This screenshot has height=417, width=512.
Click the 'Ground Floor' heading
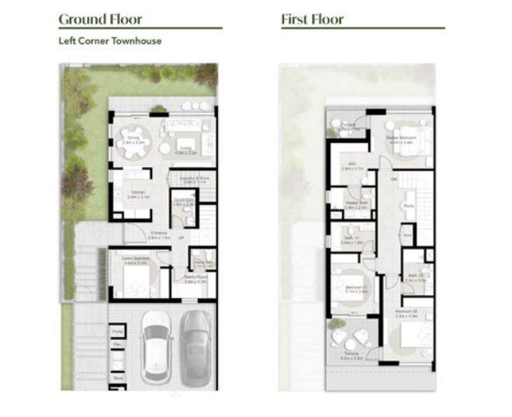click(x=101, y=19)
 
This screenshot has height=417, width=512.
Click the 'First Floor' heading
click(x=313, y=19)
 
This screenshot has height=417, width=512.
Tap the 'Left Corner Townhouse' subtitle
click(x=110, y=41)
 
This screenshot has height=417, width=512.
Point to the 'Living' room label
click(x=185, y=151)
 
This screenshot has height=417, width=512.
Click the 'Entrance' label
click(x=160, y=234)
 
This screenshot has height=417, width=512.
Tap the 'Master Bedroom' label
click(x=401, y=140)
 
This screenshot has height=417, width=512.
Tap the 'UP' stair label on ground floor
click(x=182, y=236)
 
